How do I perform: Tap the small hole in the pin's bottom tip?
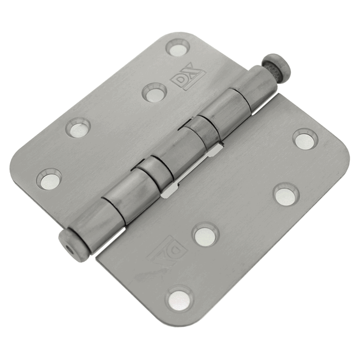coord(65,239)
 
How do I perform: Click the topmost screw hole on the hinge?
coord(178,47)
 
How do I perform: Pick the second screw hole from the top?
coord(154,91)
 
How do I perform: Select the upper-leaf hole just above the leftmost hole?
coord(77,127)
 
